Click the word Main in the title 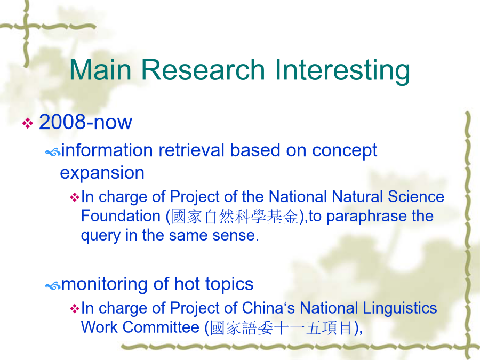point(101,70)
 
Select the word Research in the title point(203,70)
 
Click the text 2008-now point(85,122)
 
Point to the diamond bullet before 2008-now point(28,123)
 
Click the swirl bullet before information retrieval point(53,152)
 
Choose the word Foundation point(121,216)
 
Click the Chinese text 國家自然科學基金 point(235,217)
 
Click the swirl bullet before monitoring point(53,286)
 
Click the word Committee point(161,327)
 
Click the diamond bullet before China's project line point(74,308)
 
